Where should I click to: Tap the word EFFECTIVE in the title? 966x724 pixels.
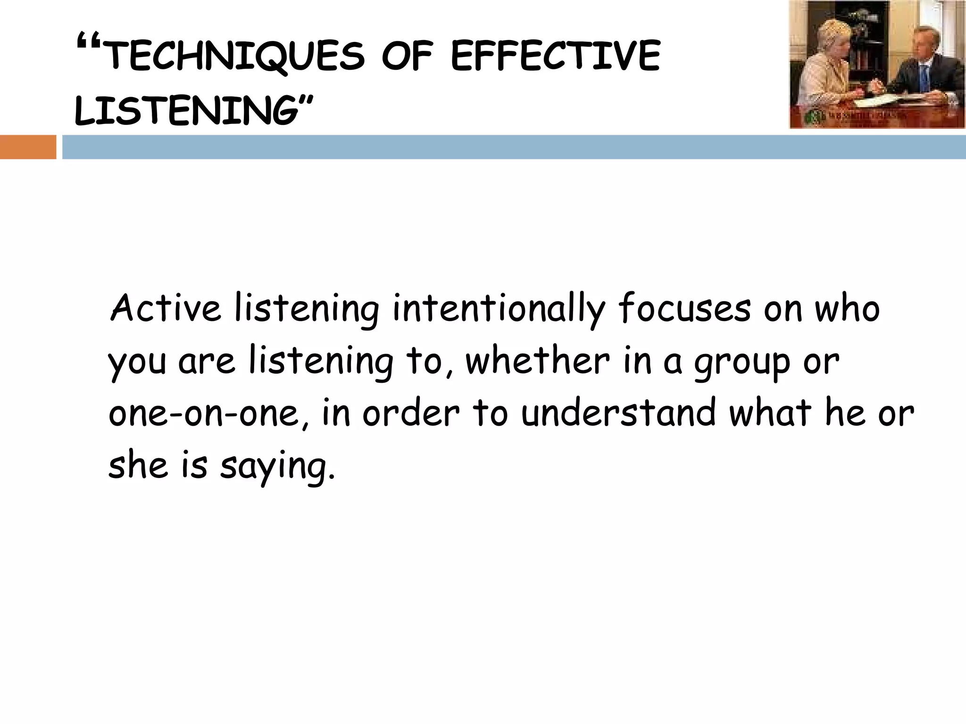click(555, 57)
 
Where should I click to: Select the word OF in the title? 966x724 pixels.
click(407, 57)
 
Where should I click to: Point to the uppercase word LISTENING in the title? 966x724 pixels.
click(187, 111)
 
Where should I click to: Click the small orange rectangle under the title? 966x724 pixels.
click(28, 147)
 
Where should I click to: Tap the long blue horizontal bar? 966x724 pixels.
click(514, 147)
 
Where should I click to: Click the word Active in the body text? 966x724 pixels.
click(166, 308)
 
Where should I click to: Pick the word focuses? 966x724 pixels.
click(684, 309)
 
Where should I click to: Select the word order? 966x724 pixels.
click(411, 413)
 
